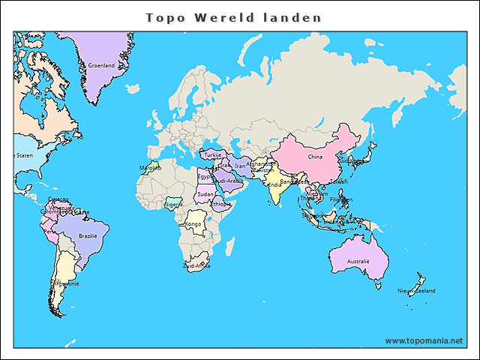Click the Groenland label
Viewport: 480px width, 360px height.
101,65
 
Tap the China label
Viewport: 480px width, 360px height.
315,157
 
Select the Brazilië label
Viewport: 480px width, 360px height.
89,235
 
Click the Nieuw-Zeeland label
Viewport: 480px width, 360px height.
416,290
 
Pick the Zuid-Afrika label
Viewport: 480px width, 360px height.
196,265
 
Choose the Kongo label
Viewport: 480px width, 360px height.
193,224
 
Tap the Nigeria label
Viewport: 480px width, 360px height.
173,204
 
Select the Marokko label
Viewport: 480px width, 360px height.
150,168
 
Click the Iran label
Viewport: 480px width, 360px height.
240,166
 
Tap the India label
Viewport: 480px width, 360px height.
275,185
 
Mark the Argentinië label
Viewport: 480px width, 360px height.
65,284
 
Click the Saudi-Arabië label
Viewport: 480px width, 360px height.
227,181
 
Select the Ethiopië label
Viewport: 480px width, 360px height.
221,204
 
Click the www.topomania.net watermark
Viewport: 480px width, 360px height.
424,340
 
